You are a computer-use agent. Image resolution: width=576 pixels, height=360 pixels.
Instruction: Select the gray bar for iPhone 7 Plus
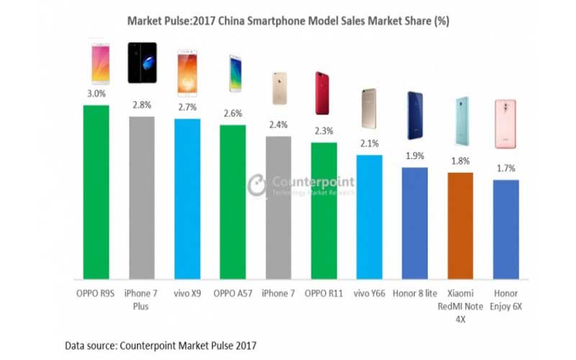coord(142,197)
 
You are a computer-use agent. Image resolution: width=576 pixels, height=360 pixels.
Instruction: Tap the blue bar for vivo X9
coord(187,199)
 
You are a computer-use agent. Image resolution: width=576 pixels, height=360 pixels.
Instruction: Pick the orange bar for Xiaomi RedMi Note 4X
coord(460,225)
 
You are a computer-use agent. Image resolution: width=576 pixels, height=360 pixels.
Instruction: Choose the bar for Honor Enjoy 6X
coord(506,229)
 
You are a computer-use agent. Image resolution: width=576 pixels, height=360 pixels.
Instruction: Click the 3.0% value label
coord(96,94)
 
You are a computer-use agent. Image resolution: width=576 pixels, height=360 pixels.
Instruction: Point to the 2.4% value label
coord(279,124)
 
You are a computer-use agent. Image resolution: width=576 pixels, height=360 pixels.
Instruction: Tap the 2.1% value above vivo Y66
coord(369,143)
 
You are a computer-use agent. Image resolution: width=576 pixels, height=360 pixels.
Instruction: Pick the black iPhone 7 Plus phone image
coord(142,63)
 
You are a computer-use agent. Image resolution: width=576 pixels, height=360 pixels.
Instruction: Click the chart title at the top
coord(288,22)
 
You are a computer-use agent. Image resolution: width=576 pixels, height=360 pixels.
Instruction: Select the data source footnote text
coord(161,345)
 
